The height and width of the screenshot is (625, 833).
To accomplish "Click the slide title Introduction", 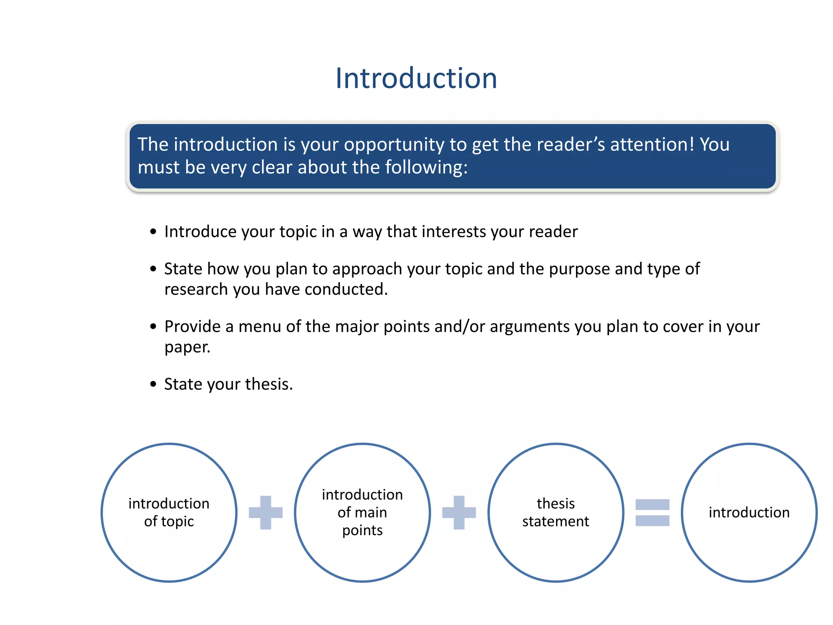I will tap(416, 78).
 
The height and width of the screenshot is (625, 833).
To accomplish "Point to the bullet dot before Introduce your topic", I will tap(153, 232).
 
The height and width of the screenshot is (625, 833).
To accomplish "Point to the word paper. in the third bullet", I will tap(187, 347).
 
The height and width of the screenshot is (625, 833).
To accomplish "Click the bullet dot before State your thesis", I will tap(153, 384).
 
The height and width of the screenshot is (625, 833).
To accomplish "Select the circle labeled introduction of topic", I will tap(169, 512).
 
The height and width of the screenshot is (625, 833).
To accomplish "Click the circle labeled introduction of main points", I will tap(362, 512).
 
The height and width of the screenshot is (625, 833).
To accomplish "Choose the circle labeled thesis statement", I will tap(556, 512).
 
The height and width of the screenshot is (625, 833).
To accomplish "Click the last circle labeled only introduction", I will tap(749, 512).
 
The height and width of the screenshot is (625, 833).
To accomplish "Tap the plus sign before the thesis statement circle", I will tap(459, 512).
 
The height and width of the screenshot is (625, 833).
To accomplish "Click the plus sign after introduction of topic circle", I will tap(266, 512).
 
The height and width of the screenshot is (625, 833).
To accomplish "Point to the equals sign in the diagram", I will tap(652, 512).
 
